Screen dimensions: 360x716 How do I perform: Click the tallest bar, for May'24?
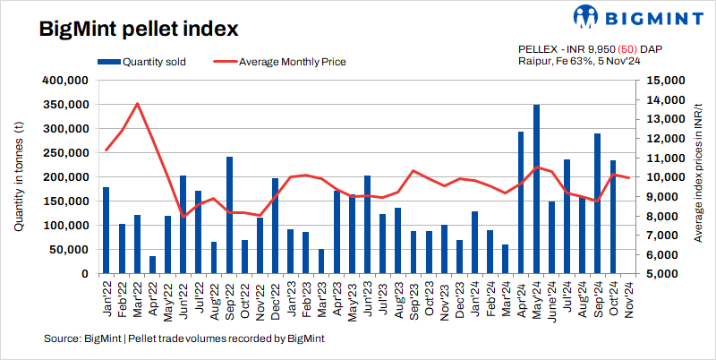pos(537,189)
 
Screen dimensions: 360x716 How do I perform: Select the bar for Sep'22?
pos(230,215)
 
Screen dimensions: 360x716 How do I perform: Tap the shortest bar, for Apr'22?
pos(152,265)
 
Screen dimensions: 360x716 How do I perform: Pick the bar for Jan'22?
pos(106,230)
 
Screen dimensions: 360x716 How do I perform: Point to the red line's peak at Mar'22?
pos(138,104)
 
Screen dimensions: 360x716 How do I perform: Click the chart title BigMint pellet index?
pos(138,29)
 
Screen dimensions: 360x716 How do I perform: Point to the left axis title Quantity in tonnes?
pos(19,179)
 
